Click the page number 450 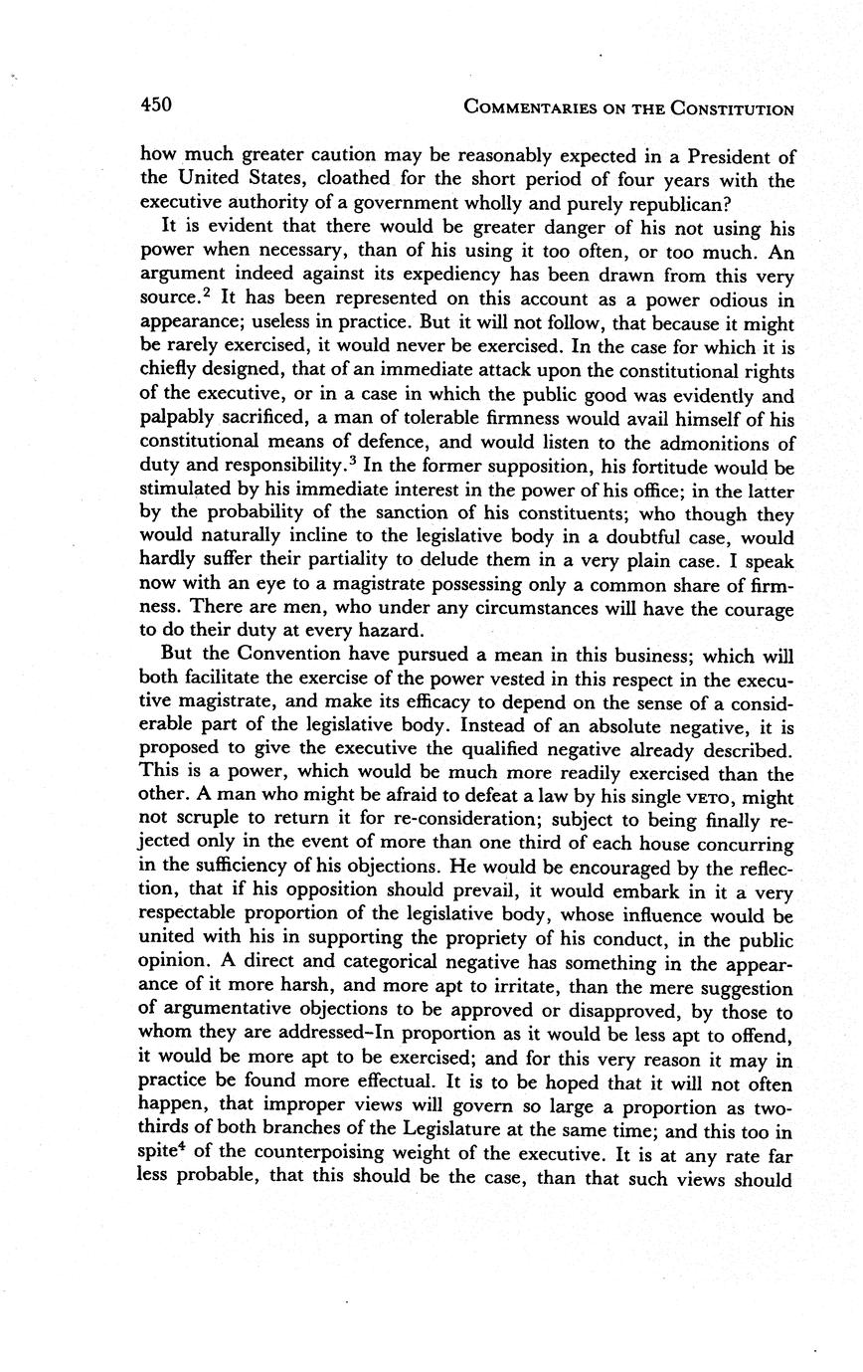(156, 104)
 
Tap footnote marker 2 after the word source (206, 293)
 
